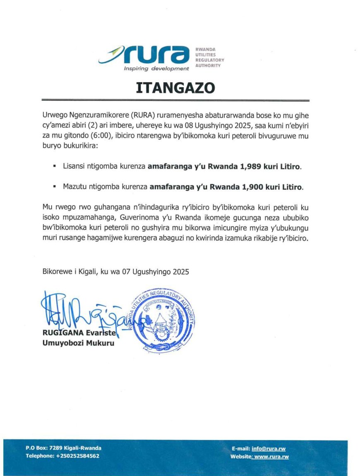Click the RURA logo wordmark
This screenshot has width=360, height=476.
click(x=157, y=55)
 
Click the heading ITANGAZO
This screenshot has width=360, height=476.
click(x=175, y=88)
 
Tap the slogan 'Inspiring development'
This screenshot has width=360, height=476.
click(x=156, y=68)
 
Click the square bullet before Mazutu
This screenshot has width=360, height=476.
click(x=54, y=187)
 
